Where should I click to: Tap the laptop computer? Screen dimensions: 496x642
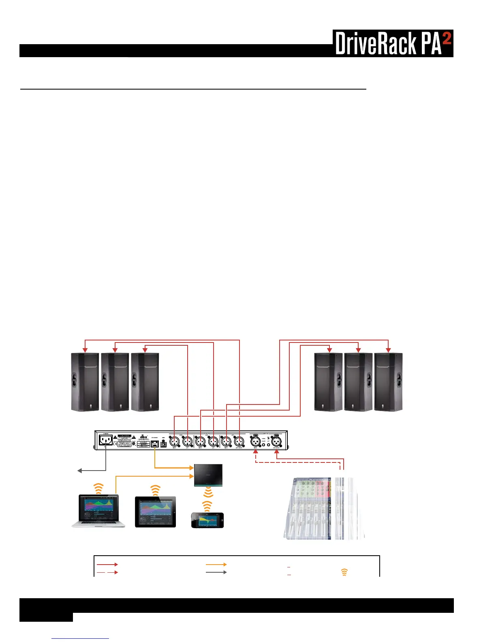click(x=98, y=510)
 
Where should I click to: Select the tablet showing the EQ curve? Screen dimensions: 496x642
click(x=155, y=511)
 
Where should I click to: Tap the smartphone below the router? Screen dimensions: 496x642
click(x=207, y=520)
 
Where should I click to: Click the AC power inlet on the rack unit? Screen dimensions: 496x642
click(x=106, y=440)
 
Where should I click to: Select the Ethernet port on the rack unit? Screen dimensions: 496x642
click(x=154, y=444)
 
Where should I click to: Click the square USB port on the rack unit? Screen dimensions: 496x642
click(x=164, y=444)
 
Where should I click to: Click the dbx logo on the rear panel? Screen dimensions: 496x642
click(x=143, y=437)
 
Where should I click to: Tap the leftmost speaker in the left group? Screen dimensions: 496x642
click(x=85, y=382)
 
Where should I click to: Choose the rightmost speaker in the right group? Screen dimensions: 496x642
click(x=388, y=382)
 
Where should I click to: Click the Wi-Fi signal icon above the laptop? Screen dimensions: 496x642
click(x=98, y=488)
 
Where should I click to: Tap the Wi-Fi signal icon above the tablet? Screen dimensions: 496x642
click(x=155, y=490)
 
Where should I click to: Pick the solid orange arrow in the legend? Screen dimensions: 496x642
click(x=216, y=564)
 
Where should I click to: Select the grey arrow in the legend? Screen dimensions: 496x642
click(x=216, y=572)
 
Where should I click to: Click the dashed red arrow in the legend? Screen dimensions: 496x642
click(x=107, y=572)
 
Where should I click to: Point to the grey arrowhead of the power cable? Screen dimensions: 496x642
click(x=80, y=471)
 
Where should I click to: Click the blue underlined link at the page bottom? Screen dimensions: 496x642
click(x=81, y=638)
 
